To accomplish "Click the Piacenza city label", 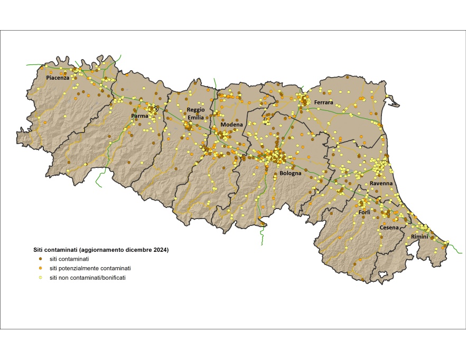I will point(58,78).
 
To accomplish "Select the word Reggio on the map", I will point(195,110).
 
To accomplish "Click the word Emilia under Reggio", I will point(195,117).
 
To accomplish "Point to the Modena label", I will point(231,125).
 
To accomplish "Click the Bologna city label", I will point(290,173).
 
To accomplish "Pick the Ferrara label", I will point(323,102).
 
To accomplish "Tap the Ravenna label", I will point(381,183).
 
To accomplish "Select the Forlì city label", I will point(365,212).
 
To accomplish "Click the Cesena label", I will point(389,228).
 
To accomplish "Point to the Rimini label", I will point(420,236).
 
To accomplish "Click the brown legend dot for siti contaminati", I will point(40,259).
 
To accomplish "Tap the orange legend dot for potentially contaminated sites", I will point(40,268).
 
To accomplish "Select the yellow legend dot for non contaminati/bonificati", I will point(40,278).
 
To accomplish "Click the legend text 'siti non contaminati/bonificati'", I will point(87,278).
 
